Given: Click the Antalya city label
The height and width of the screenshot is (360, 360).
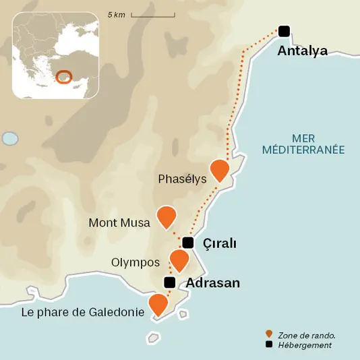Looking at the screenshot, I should click(302, 51).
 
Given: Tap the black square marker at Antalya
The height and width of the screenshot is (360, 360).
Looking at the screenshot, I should click(284, 30).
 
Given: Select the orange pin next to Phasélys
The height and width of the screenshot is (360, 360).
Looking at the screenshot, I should click(220, 170).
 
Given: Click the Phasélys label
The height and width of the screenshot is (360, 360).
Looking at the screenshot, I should click(182, 179).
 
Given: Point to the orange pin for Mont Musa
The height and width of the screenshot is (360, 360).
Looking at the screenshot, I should click(166, 216).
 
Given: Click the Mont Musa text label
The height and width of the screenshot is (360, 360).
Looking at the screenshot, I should click(119, 223).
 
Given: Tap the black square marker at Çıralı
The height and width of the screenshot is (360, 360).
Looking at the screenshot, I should click(188, 243).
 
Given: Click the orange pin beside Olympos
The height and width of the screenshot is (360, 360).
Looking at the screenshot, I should click(179, 260).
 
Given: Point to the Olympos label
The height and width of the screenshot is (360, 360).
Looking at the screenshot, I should click(135, 262).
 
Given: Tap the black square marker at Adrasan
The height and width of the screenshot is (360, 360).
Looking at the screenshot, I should click(170, 282).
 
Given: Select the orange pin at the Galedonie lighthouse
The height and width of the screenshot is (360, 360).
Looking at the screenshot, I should click(158, 304).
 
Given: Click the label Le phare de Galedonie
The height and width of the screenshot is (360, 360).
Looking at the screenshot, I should click(84, 312).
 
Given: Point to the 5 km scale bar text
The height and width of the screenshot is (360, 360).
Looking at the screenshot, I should click(116, 14).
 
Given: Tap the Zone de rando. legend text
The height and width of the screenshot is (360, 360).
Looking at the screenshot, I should click(307, 334).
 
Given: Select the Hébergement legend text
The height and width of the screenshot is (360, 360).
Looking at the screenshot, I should click(307, 345).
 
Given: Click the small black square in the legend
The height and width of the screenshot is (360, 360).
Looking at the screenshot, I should click(269, 345).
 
